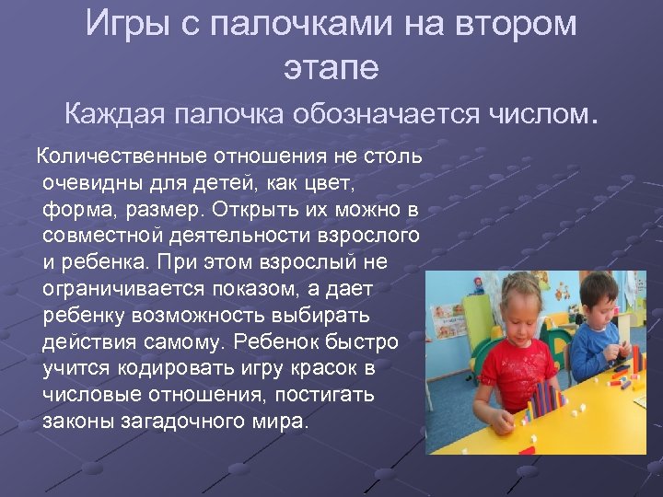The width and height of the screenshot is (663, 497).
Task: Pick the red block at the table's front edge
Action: (x=526, y=450)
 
